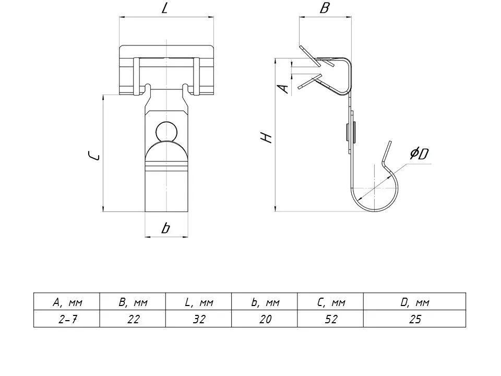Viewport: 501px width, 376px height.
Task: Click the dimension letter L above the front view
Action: (x=165, y=8)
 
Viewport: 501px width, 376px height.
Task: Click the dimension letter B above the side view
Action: (x=324, y=8)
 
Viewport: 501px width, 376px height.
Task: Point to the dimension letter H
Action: (x=266, y=137)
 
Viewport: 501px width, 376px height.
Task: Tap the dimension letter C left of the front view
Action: (x=94, y=156)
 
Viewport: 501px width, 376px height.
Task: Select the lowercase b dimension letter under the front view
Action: (x=165, y=228)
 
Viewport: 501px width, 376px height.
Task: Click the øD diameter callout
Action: (x=419, y=154)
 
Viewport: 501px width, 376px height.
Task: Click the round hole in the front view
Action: (x=166, y=131)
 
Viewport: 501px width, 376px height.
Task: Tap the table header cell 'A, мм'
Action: (x=67, y=302)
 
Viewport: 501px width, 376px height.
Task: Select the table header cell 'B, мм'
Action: (x=133, y=302)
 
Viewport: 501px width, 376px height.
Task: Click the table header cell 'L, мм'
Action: (x=199, y=302)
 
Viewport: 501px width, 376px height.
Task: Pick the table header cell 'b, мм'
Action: (x=265, y=302)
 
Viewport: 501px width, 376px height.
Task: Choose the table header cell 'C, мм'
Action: (x=331, y=302)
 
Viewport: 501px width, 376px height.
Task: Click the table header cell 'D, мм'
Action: (x=415, y=302)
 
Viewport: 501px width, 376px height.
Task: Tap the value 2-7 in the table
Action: (x=67, y=319)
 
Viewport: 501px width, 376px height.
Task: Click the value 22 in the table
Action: (x=133, y=319)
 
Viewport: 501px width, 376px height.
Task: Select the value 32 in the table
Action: (x=199, y=319)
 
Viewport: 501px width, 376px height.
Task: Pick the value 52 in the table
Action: (x=331, y=319)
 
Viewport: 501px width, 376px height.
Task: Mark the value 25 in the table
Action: (x=415, y=319)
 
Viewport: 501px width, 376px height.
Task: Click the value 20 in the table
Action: (x=265, y=319)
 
